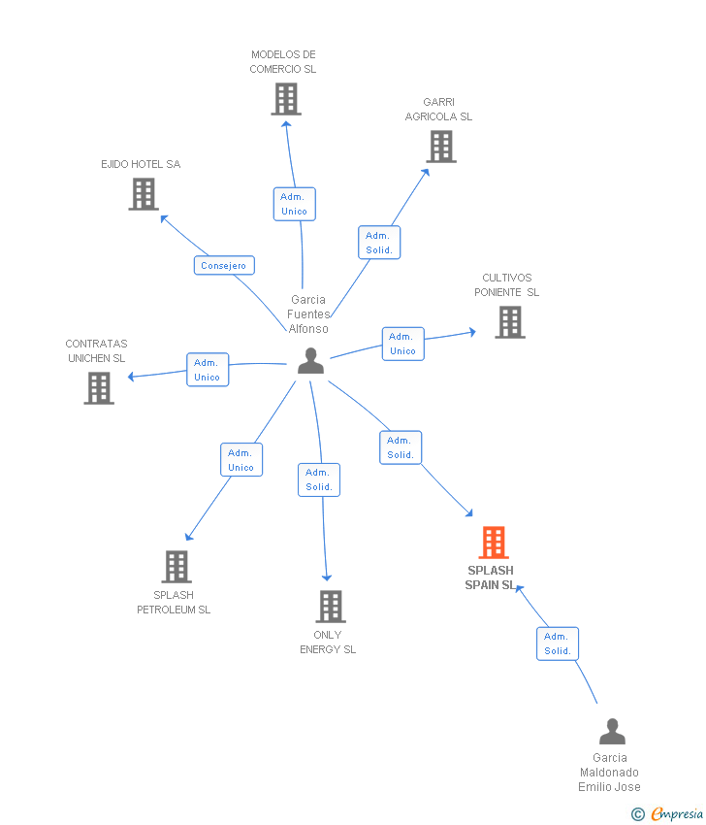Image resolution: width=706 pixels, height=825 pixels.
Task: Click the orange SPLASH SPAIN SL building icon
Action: [x=494, y=543]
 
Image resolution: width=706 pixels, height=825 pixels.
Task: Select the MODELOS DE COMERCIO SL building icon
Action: [x=286, y=99]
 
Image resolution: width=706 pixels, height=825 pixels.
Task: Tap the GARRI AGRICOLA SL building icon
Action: [x=441, y=147]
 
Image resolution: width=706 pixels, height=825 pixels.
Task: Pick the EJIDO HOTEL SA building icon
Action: [x=144, y=194]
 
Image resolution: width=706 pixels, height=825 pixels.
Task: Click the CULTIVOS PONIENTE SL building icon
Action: [x=510, y=322]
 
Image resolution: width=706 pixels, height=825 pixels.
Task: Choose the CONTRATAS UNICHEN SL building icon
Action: [x=99, y=388]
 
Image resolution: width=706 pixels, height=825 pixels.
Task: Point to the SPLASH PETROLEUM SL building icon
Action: [x=176, y=567]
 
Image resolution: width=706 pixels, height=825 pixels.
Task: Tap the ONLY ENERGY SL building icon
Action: [x=331, y=607]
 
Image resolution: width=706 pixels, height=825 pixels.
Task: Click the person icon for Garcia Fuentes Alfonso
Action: [x=310, y=361]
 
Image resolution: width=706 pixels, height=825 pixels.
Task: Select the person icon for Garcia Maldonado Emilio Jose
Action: [x=612, y=732]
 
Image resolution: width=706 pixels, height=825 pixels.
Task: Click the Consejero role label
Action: [x=224, y=265]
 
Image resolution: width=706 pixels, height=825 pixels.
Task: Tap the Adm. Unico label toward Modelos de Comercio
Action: [x=294, y=204]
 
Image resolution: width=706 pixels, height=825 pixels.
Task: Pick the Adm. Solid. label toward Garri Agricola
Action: [x=379, y=243]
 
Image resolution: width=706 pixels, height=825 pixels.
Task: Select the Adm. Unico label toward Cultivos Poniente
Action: [x=402, y=344]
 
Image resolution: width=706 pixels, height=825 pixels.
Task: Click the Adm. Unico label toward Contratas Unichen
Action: [x=208, y=370]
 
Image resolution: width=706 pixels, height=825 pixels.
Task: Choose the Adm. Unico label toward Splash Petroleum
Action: [x=241, y=460]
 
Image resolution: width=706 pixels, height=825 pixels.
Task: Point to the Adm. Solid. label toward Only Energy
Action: [x=319, y=479]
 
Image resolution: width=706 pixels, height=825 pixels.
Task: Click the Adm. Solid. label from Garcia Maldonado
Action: [x=558, y=643]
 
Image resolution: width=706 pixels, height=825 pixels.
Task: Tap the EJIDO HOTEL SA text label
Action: [x=141, y=164]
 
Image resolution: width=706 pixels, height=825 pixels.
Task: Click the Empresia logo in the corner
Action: [x=668, y=814]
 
